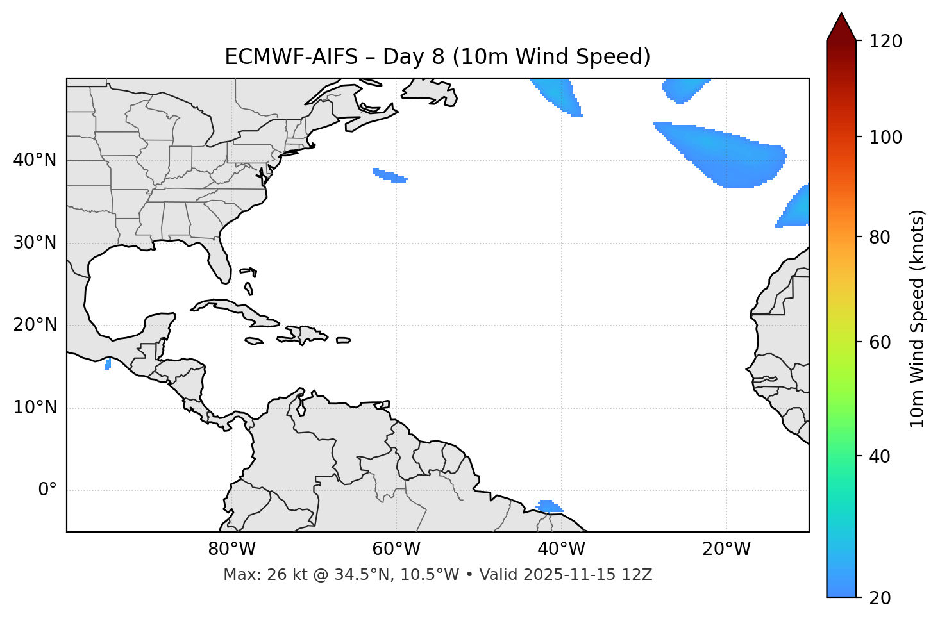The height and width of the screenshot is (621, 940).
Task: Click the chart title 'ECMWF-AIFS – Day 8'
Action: (437, 57)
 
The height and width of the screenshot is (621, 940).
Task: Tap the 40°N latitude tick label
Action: (35, 160)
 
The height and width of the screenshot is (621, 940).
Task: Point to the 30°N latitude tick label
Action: (35, 243)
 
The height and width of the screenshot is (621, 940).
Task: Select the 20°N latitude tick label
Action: (35, 326)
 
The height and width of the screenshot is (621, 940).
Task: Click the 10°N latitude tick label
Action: (35, 408)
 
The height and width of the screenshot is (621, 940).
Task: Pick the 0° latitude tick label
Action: (47, 490)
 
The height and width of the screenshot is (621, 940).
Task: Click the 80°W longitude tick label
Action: (231, 549)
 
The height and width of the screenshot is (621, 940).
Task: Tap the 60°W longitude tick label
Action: (396, 549)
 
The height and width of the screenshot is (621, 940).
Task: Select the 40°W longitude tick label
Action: (561, 549)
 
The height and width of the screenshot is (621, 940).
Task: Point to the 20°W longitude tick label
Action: (726, 549)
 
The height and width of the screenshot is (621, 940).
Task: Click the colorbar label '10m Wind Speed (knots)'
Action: (918, 319)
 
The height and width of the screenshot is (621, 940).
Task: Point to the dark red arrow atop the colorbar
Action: (841, 28)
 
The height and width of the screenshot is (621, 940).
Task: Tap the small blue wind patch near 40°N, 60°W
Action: (390, 175)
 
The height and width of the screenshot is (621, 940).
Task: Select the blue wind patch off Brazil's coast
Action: (548, 506)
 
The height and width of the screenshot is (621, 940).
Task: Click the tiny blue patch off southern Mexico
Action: (108, 364)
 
